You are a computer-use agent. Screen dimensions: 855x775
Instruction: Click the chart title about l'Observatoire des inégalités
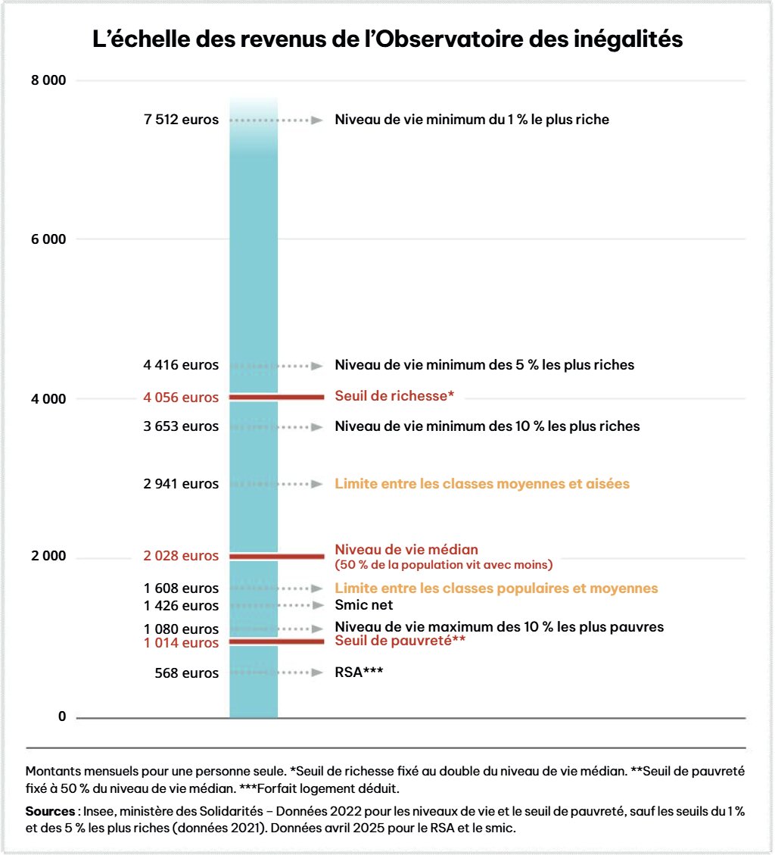coord(387,39)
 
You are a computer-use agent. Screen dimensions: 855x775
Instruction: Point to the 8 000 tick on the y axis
coord(48,80)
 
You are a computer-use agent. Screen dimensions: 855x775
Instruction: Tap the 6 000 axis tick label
coord(48,239)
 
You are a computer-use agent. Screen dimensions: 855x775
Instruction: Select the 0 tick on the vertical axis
coord(61,716)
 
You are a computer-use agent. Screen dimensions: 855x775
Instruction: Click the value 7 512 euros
coord(181,120)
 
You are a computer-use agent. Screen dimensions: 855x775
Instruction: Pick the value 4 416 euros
coord(181,365)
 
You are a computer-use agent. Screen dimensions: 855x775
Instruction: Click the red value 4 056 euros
coord(181,397)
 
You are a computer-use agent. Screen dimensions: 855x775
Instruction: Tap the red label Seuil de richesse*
coord(394,395)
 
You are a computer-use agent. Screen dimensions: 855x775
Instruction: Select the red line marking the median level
coord(276,556)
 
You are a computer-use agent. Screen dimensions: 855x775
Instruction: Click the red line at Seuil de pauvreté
coord(276,641)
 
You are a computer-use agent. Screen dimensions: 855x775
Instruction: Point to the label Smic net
coord(363,605)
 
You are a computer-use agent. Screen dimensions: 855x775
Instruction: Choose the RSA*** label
coord(358,672)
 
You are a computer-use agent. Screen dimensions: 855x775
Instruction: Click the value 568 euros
coord(186,673)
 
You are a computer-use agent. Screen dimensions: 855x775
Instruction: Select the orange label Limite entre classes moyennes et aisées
coord(482,483)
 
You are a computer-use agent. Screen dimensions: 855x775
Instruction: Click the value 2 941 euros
coord(181,484)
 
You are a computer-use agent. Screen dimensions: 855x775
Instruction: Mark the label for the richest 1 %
coord(472,120)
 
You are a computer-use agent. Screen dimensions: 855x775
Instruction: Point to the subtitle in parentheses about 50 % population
coord(444,564)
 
